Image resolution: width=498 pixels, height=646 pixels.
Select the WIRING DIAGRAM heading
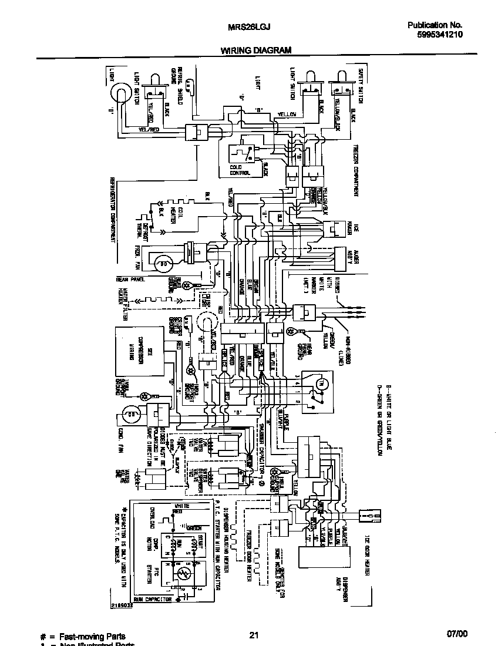coord(256,51)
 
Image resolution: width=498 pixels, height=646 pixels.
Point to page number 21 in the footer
coord(254,634)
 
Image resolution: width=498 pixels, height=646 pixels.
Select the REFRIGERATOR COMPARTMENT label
coord(112,208)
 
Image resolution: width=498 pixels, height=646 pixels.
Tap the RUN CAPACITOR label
coord(154,600)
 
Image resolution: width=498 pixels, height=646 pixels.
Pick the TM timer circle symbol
coord(320,383)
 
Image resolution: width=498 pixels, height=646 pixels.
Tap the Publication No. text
coord(435,25)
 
